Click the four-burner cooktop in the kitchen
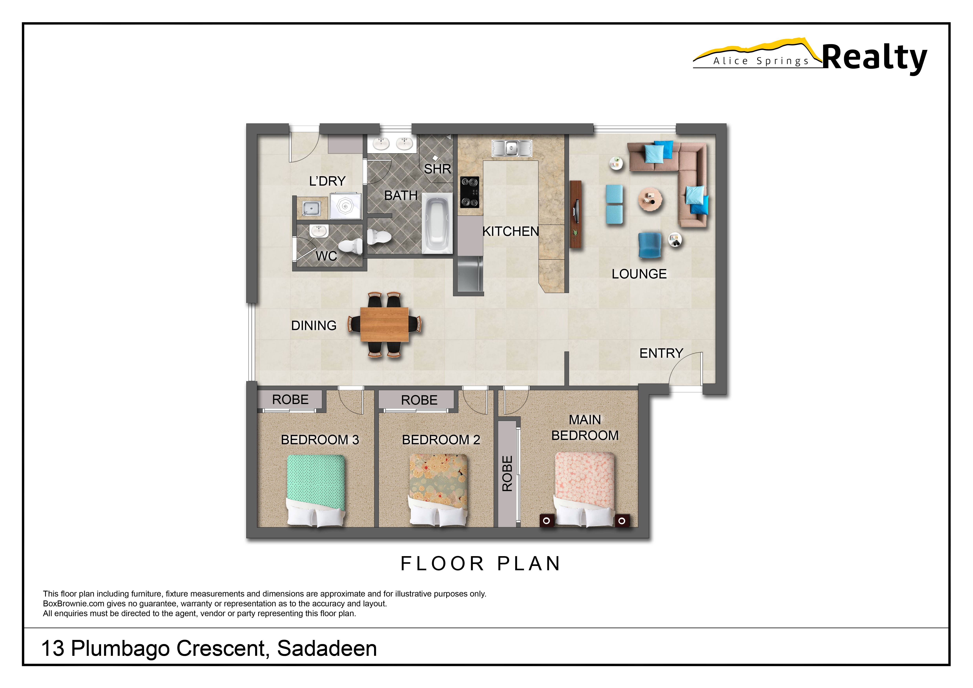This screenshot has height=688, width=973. (x=470, y=192)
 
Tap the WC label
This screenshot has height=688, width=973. (x=326, y=256)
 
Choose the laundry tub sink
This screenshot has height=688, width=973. (x=311, y=208)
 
